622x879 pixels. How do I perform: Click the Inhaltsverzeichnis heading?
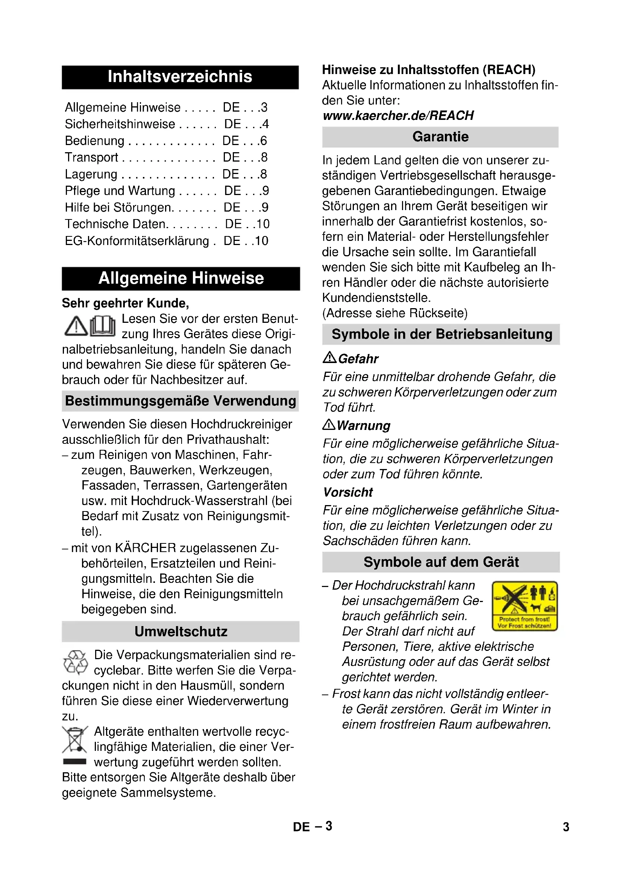pyautogui.click(x=180, y=77)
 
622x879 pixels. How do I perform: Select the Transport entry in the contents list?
pyautogui.click(x=91, y=157)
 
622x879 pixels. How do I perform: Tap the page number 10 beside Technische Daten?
pyautogui.click(x=263, y=224)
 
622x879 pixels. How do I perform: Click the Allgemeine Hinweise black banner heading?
pyautogui.click(x=181, y=278)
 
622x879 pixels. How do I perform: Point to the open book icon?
pyautogui.click(x=103, y=326)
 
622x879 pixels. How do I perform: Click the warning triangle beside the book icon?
pyautogui.click(x=76, y=327)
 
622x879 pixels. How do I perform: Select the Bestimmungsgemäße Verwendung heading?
pyautogui.click(x=181, y=401)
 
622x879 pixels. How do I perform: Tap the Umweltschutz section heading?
pyautogui.click(x=181, y=631)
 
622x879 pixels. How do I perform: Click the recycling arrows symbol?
pyautogui.click(x=76, y=662)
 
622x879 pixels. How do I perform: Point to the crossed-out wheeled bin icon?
pyautogui.click(x=75, y=739)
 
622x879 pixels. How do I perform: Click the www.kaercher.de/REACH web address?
pyautogui.click(x=398, y=116)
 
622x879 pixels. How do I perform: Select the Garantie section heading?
pyautogui.click(x=440, y=137)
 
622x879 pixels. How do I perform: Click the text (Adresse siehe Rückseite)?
pyautogui.click(x=395, y=313)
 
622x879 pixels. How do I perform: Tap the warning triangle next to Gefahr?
pyautogui.click(x=329, y=358)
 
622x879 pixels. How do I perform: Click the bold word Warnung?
pyautogui.click(x=364, y=426)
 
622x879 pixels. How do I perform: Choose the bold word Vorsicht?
pyautogui.click(x=348, y=492)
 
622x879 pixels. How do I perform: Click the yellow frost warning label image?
pyautogui.click(x=524, y=606)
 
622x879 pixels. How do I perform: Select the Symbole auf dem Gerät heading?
pyautogui.click(x=441, y=562)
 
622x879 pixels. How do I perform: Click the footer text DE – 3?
pyautogui.click(x=313, y=826)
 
